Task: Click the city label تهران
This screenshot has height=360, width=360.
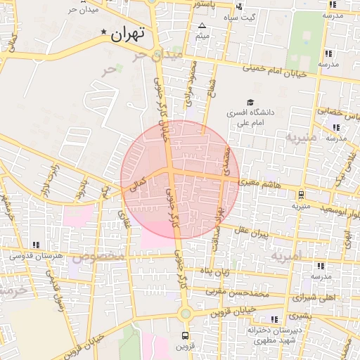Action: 128,33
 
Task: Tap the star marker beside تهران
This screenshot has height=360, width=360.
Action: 105,32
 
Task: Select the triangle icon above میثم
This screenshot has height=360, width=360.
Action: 202,25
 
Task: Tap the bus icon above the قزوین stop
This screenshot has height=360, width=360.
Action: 185,335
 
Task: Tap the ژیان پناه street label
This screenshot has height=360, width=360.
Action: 217,271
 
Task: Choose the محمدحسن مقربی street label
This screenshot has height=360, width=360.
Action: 239,290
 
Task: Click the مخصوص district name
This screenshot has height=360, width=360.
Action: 98,257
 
